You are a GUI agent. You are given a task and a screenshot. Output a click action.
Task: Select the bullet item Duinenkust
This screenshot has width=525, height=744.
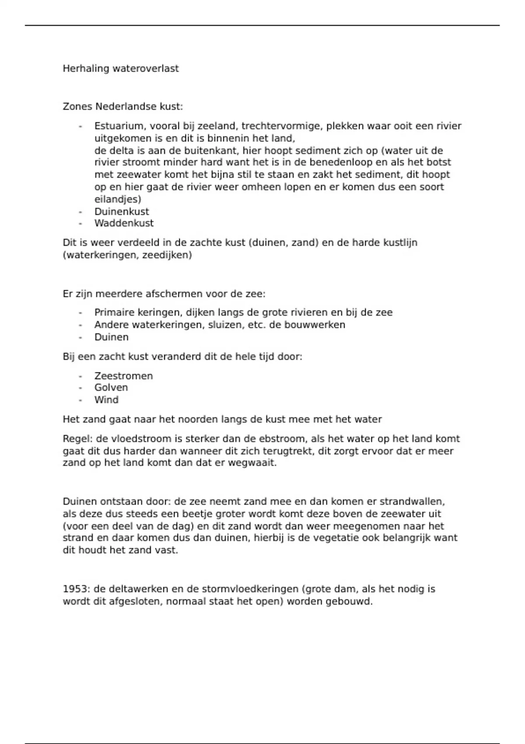click(x=122, y=211)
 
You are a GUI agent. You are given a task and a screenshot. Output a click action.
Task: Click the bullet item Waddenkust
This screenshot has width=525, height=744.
click(x=124, y=223)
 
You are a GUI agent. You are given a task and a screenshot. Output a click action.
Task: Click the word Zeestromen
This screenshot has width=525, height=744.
click(x=123, y=376)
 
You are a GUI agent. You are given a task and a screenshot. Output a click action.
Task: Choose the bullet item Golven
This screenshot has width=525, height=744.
click(x=111, y=388)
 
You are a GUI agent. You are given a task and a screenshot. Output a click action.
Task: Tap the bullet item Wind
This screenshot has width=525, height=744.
click(x=106, y=400)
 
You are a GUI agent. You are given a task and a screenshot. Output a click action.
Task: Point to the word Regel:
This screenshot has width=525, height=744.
click(x=77, y=439)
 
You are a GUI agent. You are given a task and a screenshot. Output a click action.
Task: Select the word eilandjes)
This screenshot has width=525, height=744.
click(x=118, y=200)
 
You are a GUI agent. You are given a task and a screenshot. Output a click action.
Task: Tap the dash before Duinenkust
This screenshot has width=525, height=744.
click(x=80, y=211)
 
